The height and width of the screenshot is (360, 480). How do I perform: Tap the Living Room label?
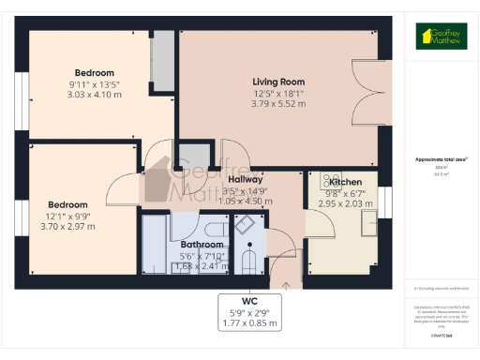coord(278,81)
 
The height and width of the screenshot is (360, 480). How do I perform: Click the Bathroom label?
coord(202,244)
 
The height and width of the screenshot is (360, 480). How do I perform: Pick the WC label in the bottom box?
coord(249,301)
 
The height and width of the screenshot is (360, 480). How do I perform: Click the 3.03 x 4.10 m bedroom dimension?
coord(95,95)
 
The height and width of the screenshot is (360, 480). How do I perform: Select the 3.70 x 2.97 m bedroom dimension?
coord(68,226)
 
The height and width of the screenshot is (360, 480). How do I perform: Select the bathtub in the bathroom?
coord(153,246)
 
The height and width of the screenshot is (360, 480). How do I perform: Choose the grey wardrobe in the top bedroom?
coord(163,61)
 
